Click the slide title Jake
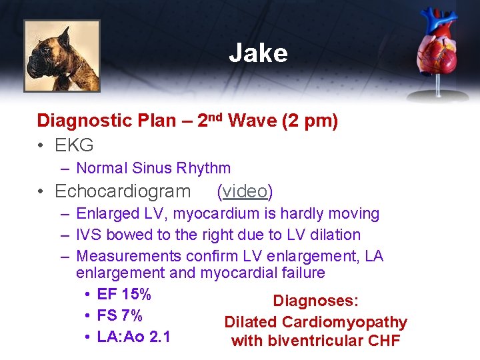click(258, 53)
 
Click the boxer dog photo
click(62, 55)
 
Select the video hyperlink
click(245, 191)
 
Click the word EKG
click(74, 145)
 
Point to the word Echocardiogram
click(123, 191)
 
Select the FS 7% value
click(120, 315)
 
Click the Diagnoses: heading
click(315, 301)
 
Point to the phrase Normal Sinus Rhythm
click(153, 168)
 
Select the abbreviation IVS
click(89, 235)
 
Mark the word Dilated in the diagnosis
click(250, 322)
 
